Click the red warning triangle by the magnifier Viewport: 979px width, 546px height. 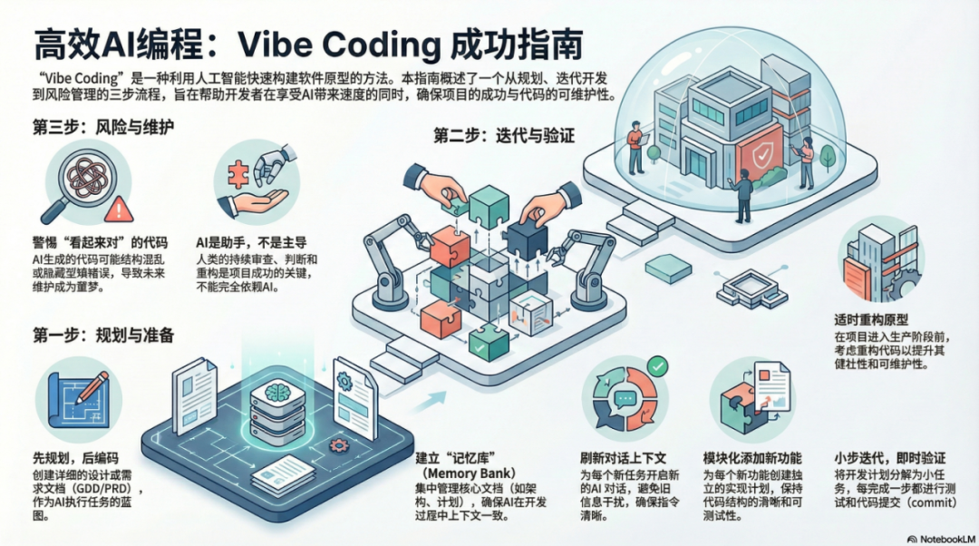118,211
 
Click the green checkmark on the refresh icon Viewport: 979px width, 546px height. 658,366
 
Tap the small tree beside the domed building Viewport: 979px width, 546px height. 827,154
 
